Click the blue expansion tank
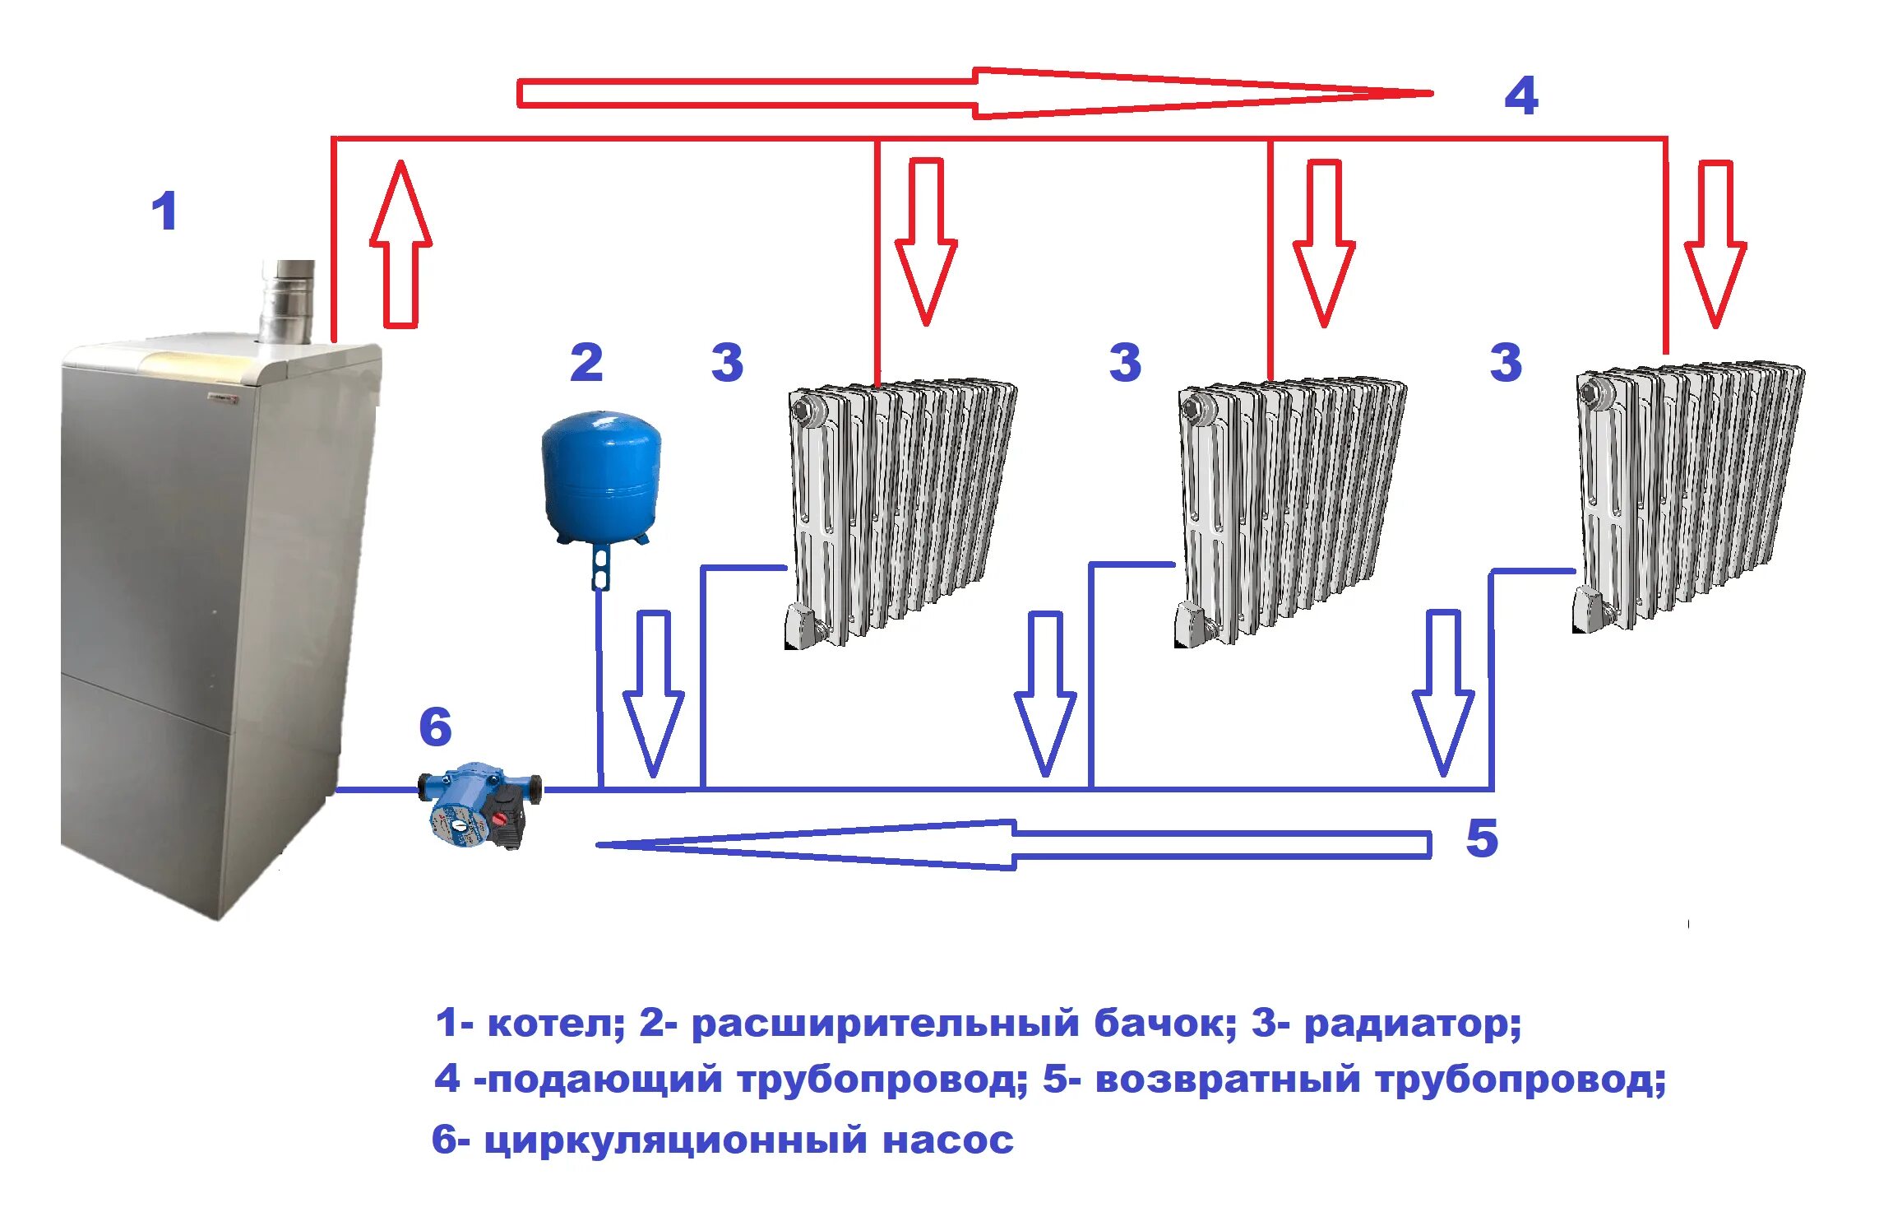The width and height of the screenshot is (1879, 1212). tap(601, 476)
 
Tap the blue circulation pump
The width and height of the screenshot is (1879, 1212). tap(479, 803)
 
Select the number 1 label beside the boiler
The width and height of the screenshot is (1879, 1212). tap(164, 211)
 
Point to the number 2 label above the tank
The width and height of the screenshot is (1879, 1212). tap(586, 362)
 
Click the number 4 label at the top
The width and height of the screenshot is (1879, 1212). tap(1520, 95)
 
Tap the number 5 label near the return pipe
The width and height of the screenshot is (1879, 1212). tap(1482, 838)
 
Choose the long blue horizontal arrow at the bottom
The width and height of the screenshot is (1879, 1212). tap(1011, 844)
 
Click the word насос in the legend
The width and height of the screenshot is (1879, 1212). tap(947, 1141)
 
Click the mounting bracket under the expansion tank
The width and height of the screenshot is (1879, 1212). tap(600, 567)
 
